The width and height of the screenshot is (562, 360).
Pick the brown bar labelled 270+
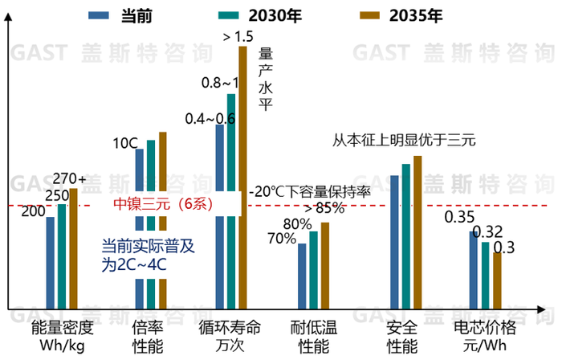[73, 249]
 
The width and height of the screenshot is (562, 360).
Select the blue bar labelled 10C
[139, 229]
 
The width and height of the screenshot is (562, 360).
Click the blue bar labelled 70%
[302, 277]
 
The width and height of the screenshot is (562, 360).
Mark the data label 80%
[297, 224]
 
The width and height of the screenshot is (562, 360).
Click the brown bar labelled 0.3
[497, 281]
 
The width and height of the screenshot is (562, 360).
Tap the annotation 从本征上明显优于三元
[405, 139]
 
